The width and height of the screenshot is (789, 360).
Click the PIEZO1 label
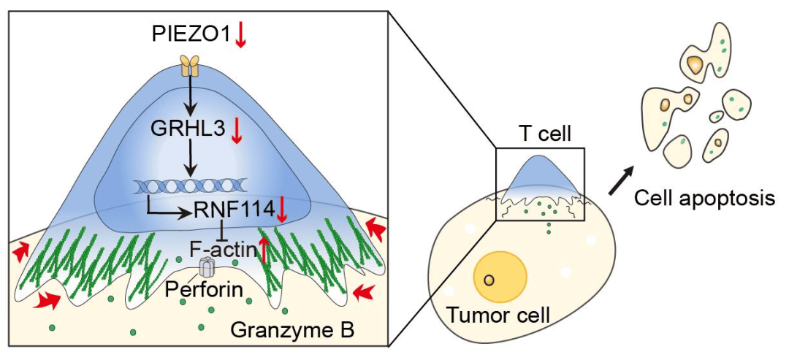[191, 35]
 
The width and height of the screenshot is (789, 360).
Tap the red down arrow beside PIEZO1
[240, 35]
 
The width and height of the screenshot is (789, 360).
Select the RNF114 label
[233, 211]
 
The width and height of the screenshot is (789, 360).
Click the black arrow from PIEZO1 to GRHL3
[190, 94]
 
